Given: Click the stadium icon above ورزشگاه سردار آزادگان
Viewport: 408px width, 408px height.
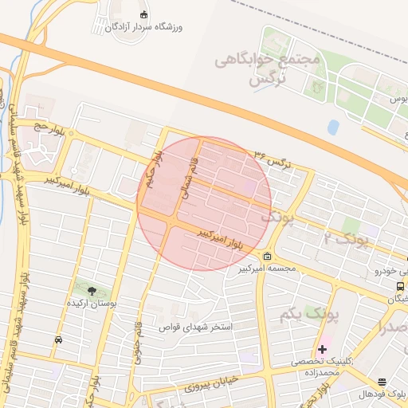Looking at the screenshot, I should click(x=143, y=15).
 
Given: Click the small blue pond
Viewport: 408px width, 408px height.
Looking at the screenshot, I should click(x=333, y=127).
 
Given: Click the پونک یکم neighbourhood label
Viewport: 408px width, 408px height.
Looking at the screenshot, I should click(x=309, y=315).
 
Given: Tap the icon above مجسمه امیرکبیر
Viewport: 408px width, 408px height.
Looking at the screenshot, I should click(x=265, y=257).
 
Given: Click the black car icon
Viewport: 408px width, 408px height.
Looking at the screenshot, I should click(x=58, y=340).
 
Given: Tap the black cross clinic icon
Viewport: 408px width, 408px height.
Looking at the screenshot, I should click(x=322, y=349).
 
